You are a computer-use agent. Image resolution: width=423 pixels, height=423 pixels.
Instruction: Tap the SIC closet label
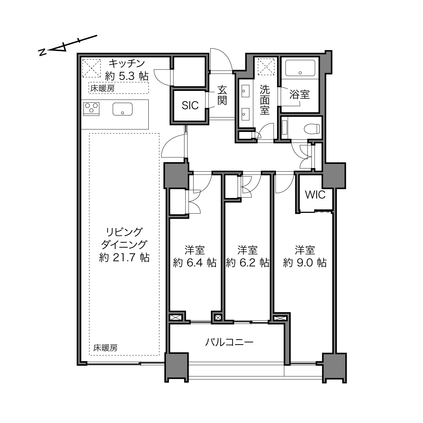[x=190, y=106]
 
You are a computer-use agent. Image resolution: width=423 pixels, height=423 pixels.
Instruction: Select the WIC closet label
[x=315, y=195]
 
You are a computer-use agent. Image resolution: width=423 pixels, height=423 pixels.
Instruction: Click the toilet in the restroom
[x=313, y=129]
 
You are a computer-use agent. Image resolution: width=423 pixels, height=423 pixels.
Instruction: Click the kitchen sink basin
[x=123, y=109]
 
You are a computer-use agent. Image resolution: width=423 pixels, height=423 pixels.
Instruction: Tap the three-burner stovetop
[x=91, y=109]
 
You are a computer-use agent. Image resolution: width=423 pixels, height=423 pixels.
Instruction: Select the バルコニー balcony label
[x=229, y=342]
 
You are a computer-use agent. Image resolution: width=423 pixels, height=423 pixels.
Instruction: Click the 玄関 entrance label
[x=222, y=95]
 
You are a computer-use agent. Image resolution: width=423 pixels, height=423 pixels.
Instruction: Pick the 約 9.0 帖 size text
[x=305, y=263]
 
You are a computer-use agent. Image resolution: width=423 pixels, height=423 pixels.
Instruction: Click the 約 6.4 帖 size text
[x=195, y=263]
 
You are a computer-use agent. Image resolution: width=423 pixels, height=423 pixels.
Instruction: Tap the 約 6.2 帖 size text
[x=247, y=263]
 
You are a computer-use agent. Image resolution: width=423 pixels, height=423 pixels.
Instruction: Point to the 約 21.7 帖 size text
[x=124, y=257]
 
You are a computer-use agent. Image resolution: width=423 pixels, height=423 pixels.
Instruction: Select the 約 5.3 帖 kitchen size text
[x=127, y=76]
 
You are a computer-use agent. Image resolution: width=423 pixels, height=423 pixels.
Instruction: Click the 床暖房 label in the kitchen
[x=102, y=89]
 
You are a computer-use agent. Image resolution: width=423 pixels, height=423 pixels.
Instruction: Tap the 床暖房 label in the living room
[x=105, y=348]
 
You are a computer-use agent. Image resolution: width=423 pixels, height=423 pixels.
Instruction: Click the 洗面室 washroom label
[x=265, y=100]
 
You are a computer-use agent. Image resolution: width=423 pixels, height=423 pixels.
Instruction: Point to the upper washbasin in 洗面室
[x=245, y=91]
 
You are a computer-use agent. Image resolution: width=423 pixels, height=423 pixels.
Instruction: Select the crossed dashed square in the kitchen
[x=91, y=68]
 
